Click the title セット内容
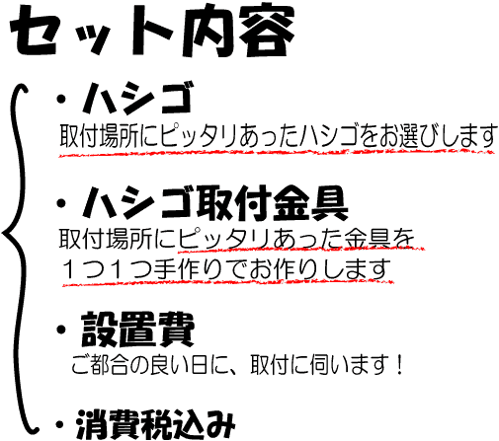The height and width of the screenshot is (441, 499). tap(152, 32)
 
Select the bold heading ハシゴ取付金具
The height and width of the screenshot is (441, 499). tap(214, 203)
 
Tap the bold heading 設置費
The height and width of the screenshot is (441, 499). tap(137, 330)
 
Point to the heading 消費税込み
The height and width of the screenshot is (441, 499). tap(155, 424)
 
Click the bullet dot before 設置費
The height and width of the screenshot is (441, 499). tap(61, 330)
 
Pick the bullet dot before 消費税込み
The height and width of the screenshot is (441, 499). tap(59, 424)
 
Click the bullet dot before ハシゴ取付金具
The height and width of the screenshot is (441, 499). tap(61, 204)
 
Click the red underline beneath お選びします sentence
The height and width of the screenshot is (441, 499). tap(277, 153)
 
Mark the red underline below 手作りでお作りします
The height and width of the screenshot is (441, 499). tap(228, 282)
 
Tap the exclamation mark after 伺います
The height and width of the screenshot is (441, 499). tap(400, 365)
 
